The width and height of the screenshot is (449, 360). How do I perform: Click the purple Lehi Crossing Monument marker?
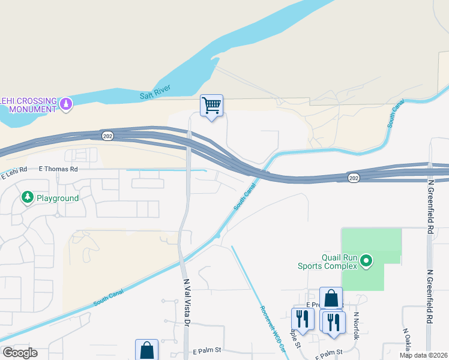click(66, 104)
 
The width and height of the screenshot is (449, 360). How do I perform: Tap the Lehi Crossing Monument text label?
click(28, 104)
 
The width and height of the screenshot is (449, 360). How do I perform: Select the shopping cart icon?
click(211, 106)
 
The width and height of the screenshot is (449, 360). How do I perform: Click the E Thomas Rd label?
click(59, 169)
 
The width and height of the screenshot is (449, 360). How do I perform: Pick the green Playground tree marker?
click(27, 197)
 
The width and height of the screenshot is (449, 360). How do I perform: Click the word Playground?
click(58, 198)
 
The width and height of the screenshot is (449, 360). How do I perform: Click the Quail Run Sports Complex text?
click(327, 262)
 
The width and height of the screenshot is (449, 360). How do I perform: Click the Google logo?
click(20, 353)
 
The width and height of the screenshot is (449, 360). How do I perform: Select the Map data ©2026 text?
click(423, 355)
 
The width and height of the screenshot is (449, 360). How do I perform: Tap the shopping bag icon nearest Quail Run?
click(331, 298)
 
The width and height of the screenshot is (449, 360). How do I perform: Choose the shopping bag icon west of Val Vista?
click(146, 350)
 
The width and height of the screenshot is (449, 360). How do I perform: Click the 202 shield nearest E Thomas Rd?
click(107, 135)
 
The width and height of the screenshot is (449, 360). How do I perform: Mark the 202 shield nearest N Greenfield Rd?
click(354, 178)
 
